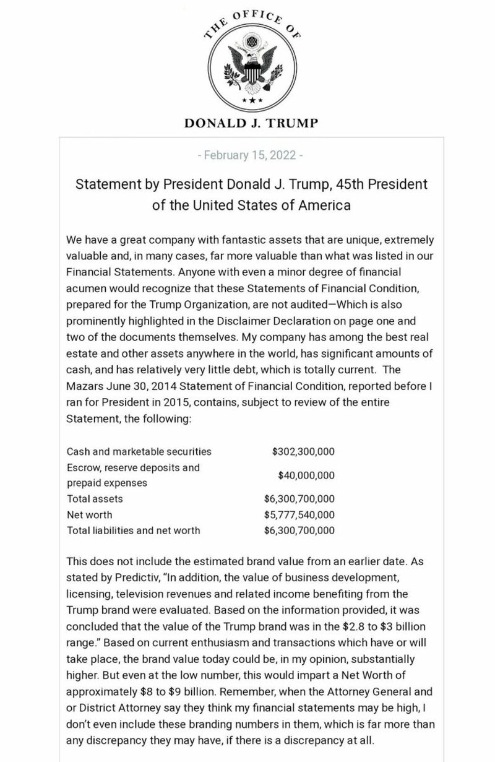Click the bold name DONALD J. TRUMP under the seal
251,123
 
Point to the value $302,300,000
303,451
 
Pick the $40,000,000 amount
306,475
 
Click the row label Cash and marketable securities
139,451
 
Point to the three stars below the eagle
251,100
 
